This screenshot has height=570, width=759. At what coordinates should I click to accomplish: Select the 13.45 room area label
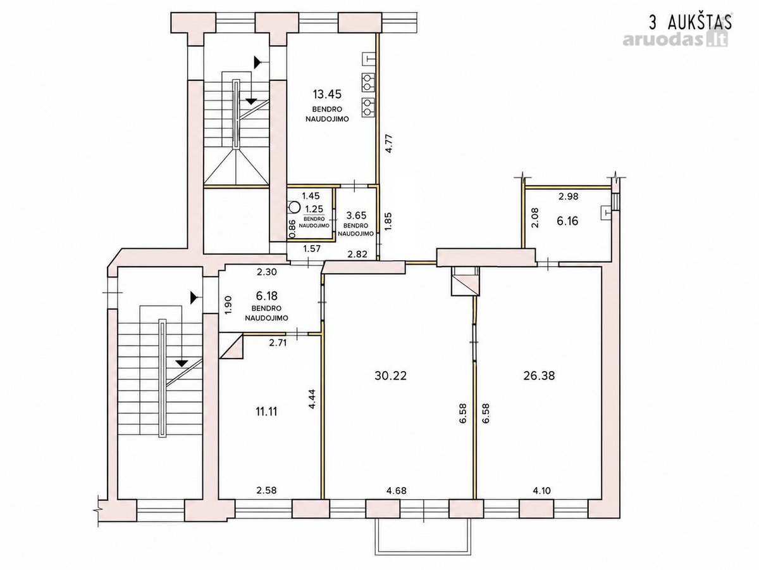327,94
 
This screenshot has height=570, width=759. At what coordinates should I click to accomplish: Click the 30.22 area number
390,376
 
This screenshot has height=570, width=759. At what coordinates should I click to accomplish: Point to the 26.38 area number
539,376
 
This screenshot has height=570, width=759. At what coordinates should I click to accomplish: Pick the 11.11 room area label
266,412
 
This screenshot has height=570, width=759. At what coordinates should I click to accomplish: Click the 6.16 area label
567,221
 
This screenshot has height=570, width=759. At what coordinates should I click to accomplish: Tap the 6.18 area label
266,296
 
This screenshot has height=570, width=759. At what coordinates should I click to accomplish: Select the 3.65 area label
356,215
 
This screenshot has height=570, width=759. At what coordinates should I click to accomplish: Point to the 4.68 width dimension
397,490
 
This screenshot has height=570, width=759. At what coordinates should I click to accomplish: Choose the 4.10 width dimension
542,490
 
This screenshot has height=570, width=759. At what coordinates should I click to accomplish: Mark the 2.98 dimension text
569,196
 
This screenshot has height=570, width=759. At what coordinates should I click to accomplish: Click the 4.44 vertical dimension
312,400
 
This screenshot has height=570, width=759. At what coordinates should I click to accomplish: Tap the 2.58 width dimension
267,490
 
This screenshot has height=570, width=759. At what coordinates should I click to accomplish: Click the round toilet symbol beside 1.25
294,207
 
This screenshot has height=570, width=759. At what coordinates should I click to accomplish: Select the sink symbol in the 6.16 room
606,213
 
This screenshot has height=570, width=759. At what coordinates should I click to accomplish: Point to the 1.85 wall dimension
388,221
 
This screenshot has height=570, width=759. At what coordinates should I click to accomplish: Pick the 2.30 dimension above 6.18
267,272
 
